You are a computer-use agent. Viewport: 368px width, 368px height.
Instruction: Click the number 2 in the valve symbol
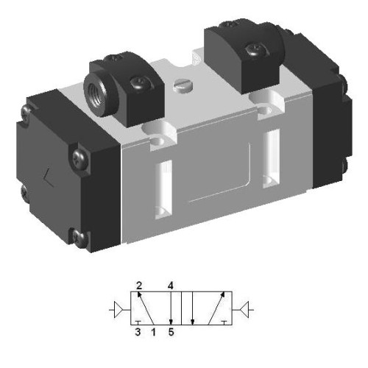pyautogui.click(x=138, y=283)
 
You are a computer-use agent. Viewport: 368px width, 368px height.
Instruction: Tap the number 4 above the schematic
pyautogui.click(x=170, y=283)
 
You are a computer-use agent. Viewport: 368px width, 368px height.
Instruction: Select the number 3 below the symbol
pyautogui.click(x=138, y=333)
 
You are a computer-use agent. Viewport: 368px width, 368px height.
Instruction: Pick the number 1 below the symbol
pyautogui.click(x=153, y=333)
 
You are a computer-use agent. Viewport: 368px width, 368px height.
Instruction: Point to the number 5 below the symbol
pyautogui.click(x=171, y=333)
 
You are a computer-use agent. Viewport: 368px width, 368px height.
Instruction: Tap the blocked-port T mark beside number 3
pyautogui.click(x=138, y=322)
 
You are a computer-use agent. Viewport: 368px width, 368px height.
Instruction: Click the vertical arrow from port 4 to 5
pyautogui.click(x=170, y=308)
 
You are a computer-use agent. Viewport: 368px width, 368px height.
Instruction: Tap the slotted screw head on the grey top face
pyautogui.click(x=183, y=88)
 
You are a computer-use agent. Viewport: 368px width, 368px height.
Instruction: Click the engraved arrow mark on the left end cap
pyautogui.click(x=48, y=177)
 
